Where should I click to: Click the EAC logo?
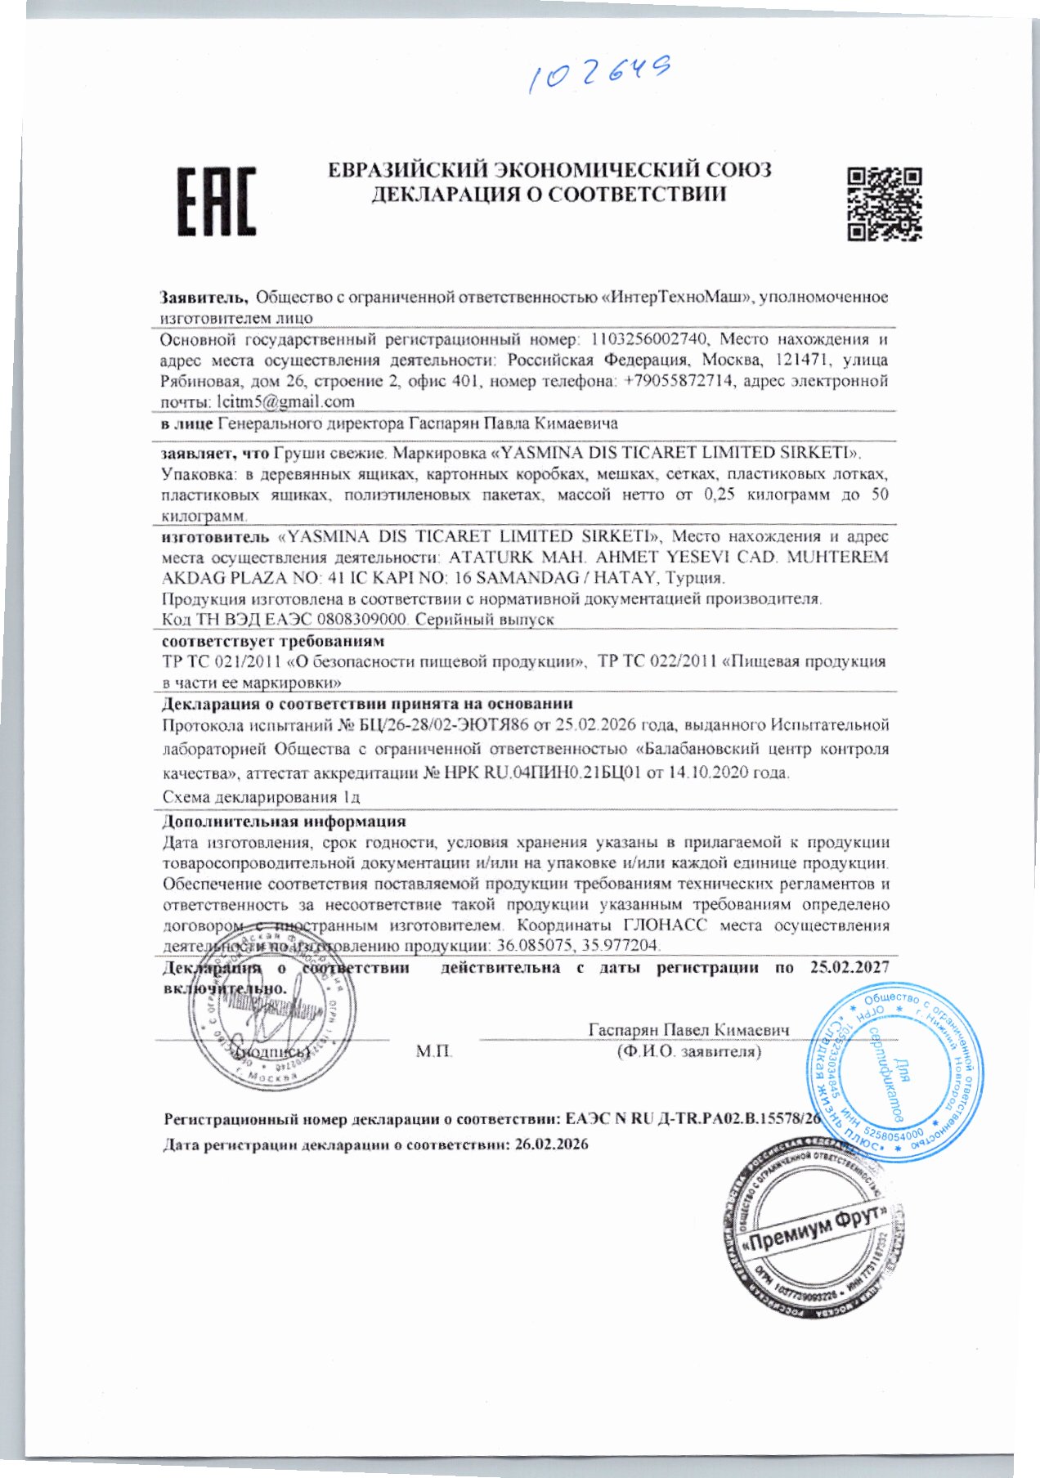coord(217,201)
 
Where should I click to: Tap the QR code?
coord(884,204)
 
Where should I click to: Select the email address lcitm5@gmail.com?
coord(285,401)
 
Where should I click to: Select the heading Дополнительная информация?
coord(284,822)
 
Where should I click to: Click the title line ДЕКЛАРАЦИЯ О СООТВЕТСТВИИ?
coord(549,195)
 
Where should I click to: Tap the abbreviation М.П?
coord(434,1050)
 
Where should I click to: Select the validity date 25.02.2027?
coord(849,967)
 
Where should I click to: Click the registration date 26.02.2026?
coord(551,1144)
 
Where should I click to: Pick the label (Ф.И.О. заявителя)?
coord(688,1051)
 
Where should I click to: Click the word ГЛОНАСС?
coord(665,925)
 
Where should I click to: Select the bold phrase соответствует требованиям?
coord(273,641)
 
